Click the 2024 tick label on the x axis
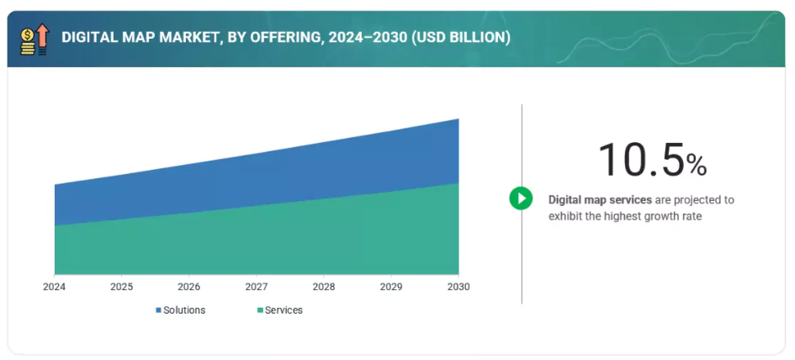[x=54, y=287]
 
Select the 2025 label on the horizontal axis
[x=121, y=287]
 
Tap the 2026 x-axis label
[x=188, y=287]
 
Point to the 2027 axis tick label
[x=256, y=287]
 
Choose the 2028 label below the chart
[x=323, y=287]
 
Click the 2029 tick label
[x=390, y=287]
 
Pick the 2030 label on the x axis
[x=458, y=287]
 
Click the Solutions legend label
[x=184, y=310]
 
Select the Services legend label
[x=284, y=310]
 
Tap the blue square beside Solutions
[x=158, y=310]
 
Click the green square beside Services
[x=259, y=310]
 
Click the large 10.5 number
[x=641, y=160]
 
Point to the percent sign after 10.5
[x=697, y=166]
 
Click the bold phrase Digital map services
[x=600, y=200]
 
